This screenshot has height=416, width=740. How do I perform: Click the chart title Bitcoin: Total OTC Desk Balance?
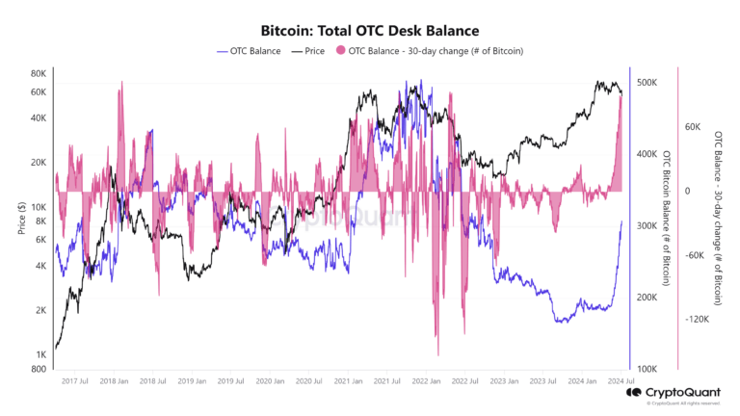point(370,30)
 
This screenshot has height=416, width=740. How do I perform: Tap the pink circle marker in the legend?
point(338,50)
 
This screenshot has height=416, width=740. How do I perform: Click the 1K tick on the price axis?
point(40,354)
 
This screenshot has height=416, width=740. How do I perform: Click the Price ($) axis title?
point(21,219)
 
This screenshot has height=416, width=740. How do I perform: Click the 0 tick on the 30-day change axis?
point(687,191)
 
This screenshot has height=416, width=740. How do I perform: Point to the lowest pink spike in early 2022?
point(438,356)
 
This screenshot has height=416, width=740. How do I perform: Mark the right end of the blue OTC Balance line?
point(621,221)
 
